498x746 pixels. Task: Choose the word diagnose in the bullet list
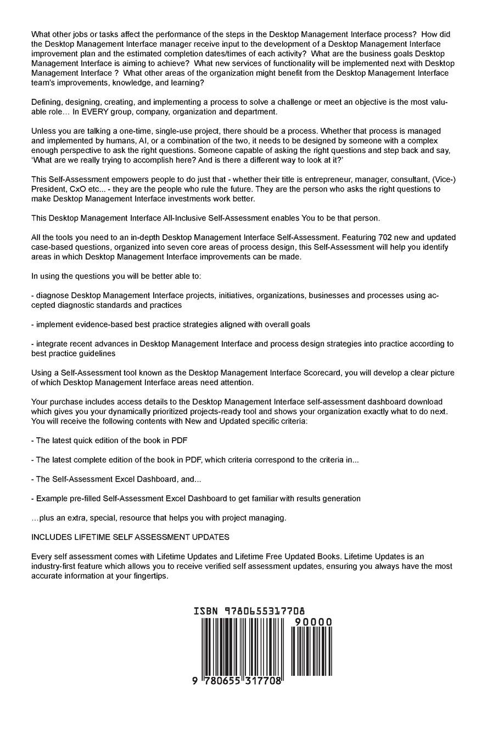(53, 296)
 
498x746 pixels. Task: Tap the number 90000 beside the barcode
(313, 622)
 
